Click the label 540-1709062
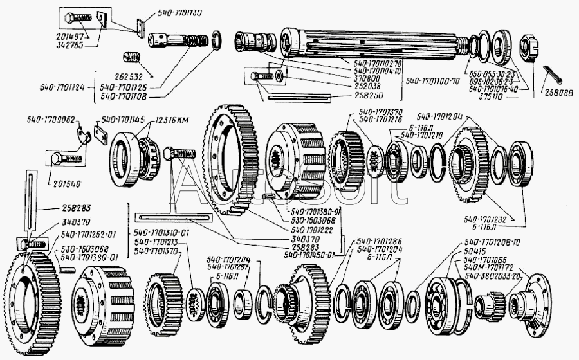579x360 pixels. [x=51, y=120]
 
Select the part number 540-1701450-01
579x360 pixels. [x=310, y=254]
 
